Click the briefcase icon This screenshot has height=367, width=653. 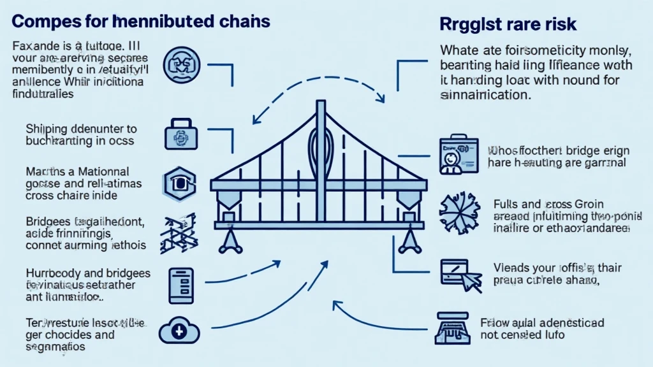(x=179, y=134)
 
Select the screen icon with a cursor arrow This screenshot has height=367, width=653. (x=457, y=273)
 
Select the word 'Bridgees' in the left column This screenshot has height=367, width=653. (x=51, y=222)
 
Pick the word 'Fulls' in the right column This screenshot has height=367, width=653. (x=508, y=205)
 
